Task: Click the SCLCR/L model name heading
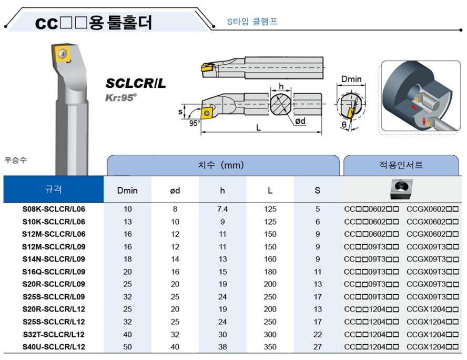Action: click(136, 83)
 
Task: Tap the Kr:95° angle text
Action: click(120, 97)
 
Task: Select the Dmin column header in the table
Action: click(127, 191)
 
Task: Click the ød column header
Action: click(175, 191)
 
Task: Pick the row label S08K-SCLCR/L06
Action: click(54, 209)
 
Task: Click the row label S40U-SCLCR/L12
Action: click(54, 347)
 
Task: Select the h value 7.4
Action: click(222, 209)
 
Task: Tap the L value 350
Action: click(270, 347)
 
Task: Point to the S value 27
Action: click(318, 347)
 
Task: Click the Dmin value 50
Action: click(127, 347)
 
